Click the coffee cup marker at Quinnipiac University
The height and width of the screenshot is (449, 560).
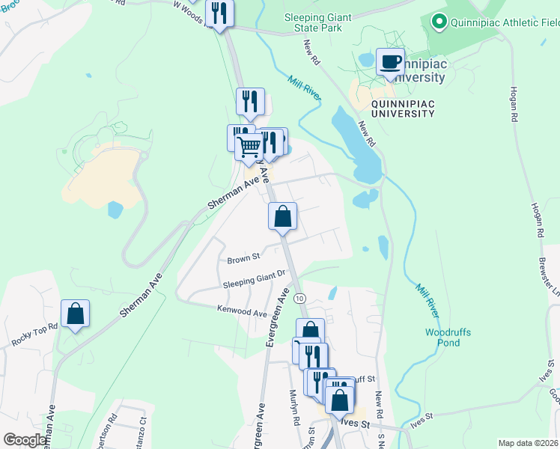(390, 61)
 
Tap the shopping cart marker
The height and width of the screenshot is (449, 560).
(249, 145)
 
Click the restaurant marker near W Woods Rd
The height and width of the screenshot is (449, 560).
(220, 13)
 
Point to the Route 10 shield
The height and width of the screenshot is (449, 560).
(300, 298)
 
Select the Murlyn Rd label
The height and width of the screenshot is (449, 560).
(295, 411)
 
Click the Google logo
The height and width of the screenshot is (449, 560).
(25, 440)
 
